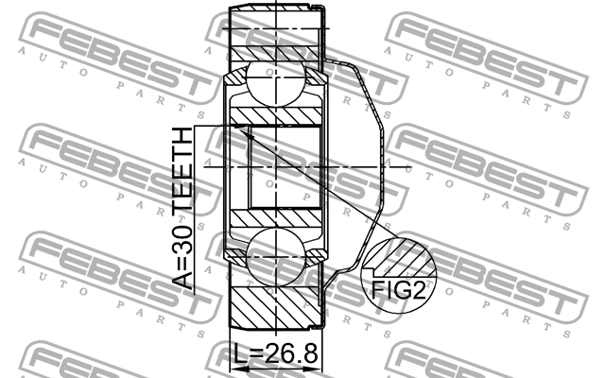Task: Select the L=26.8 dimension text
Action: (x=276, y=356)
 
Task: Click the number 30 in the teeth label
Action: (x=181, y=235)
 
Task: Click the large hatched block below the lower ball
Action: (x=275, y=307)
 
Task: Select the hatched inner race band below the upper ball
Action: (x=275, y=114)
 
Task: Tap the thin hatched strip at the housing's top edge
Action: (x=275, y=10)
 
